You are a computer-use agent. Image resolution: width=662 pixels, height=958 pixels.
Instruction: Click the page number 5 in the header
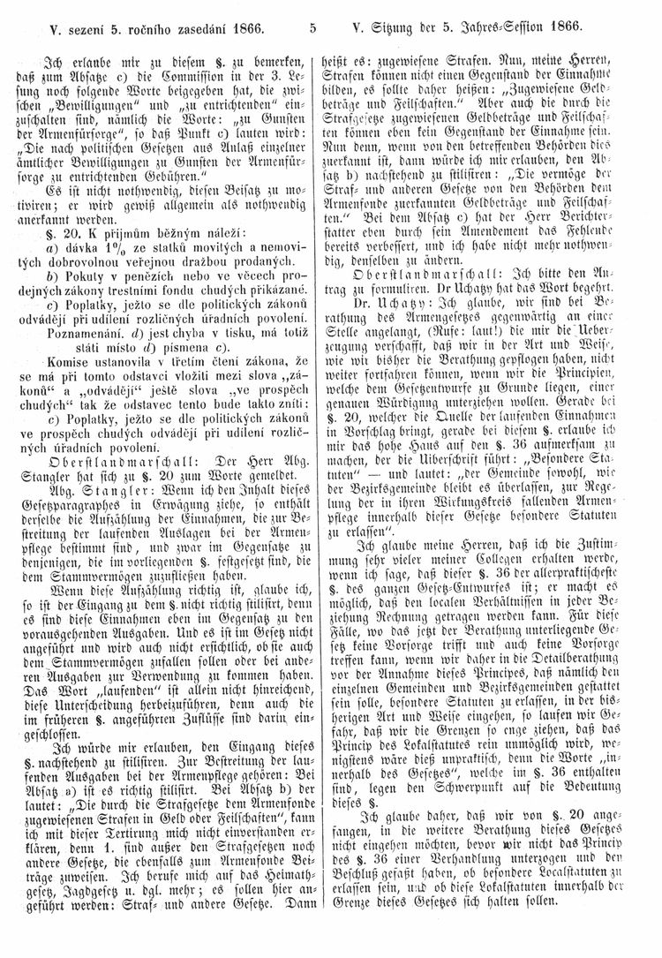point(314,26)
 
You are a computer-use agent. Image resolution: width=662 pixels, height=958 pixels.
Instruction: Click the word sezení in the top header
point(78,26)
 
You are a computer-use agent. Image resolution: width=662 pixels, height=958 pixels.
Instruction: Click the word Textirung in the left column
point(124,854)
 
